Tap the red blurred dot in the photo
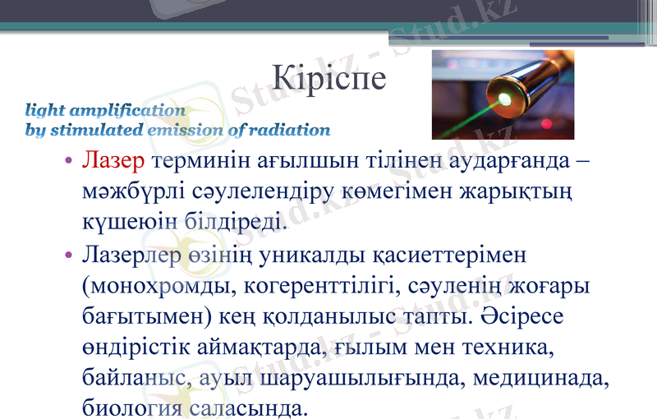547,124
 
